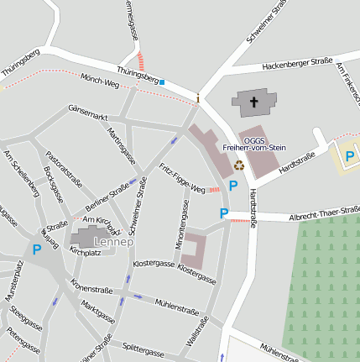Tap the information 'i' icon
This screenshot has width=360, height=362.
pos(198,98)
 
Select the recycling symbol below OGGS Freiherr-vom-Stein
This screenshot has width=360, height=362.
pos(239,165)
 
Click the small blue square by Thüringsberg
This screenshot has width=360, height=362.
pos(162,82)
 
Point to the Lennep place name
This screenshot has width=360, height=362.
pos(113,242)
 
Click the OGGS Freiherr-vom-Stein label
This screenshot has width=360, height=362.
pos(253,144)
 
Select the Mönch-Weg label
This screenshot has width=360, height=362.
pos(99,81)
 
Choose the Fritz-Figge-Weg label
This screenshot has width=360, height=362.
pos(182,179)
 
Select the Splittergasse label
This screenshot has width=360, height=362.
pos(143,350)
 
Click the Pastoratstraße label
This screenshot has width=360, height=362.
pos(65,167)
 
